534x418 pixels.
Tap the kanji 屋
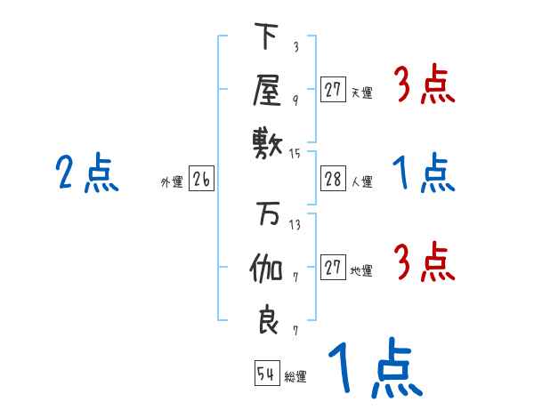point(266,90)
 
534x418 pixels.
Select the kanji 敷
point(266,143)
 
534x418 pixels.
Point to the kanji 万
point(266,217)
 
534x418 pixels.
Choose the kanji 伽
point(266,269)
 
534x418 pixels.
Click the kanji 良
point(267,319)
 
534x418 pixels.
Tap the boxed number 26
point(201,180)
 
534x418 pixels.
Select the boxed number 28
point(333,179)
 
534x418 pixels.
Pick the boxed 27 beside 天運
point(333,89)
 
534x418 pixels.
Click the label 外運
point(171,182)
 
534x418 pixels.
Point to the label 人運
point(362,182)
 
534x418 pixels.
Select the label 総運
point(295,377)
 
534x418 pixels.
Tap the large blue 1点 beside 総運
point(374,369)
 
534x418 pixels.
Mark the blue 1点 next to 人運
point(424,173)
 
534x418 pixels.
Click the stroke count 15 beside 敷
point(295,154)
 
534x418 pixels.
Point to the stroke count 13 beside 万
point(295,225)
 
